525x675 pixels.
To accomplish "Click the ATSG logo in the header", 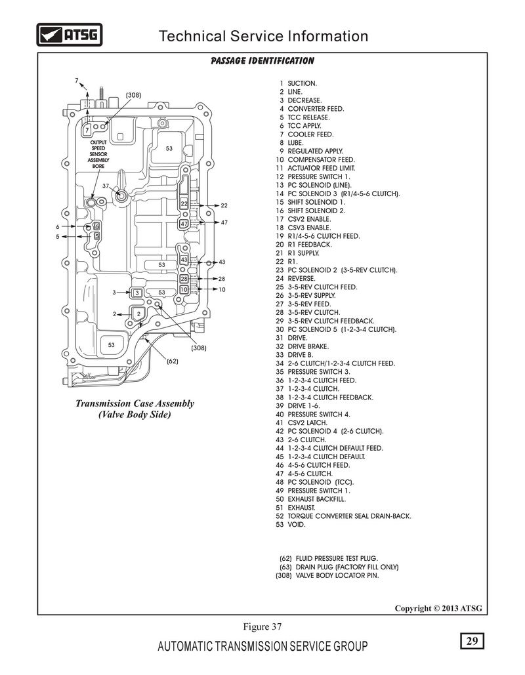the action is coord(70,34).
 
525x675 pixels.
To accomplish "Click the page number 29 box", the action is coord(472,641).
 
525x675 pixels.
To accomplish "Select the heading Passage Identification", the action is coord(262,61).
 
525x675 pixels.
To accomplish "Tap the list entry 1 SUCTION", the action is coord(298,83).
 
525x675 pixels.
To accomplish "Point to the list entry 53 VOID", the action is coord(290,524).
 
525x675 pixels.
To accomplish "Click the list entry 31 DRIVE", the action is coord(291,338).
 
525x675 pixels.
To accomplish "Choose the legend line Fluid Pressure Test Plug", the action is coord(329,558).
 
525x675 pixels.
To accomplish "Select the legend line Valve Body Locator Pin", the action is coord(327,575).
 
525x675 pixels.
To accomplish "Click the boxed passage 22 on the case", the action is coord(184,203).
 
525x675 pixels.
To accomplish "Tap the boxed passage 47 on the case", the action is coord(184,224).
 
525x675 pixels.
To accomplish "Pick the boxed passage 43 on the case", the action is coord(184,260).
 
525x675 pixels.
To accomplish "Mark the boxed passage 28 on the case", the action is coord(184,279).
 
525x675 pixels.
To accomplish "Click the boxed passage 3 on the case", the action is coord(137,293).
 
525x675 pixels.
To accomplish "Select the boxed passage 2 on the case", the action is coord(138,314).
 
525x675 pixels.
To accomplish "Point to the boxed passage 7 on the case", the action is coord(87,130).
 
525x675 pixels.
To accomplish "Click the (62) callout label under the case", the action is coord(173,361).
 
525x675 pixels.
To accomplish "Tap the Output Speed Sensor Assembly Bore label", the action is coord(98,154).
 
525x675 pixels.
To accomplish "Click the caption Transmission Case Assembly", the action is coord(135,403).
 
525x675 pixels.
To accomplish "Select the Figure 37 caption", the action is coord(262,627).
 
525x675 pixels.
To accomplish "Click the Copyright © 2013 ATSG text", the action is coord(438,608).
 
